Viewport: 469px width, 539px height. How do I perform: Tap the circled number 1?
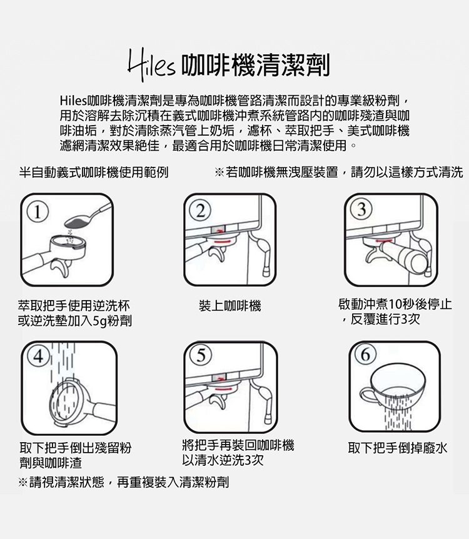(37, 213)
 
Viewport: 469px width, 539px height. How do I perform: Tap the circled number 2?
(201, 211)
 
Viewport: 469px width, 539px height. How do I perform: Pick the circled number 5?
(201, 355)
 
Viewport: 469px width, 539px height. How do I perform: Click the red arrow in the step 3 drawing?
(385, 241)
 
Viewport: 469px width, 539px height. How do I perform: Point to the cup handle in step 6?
(366, 395)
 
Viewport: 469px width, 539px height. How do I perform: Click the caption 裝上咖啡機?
(229, 306)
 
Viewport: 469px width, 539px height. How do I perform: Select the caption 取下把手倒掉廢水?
(398, 448)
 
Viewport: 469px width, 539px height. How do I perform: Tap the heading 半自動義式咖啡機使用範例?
(94, 172)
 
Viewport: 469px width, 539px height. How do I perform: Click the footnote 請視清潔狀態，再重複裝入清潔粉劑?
(129, 482)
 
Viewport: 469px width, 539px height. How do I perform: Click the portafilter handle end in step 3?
(420, 261)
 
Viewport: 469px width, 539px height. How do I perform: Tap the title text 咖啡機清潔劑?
(256, 65)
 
